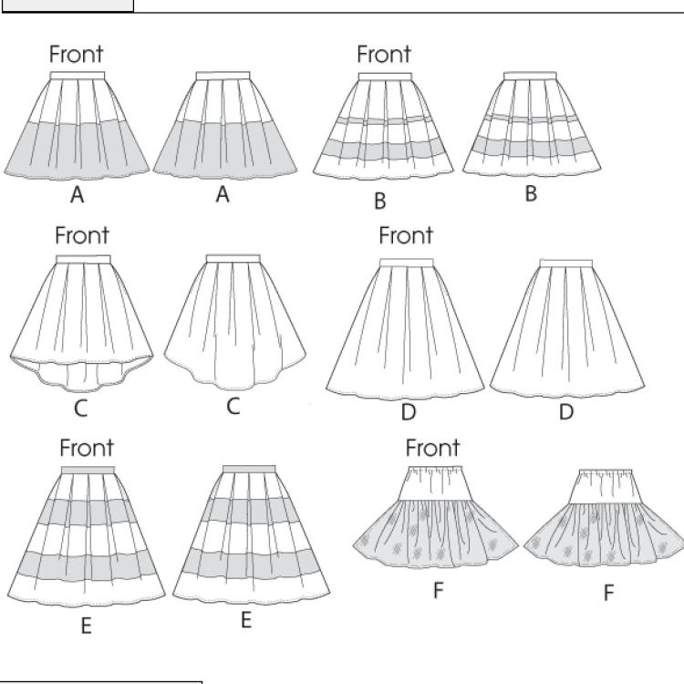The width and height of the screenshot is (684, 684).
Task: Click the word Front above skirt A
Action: [x=77, y=55]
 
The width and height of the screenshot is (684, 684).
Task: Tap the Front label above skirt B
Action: [x=384, y=55]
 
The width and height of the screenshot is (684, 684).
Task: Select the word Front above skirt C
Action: [x=82, y=235]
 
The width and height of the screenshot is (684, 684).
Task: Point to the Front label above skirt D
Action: [x=406, y=236]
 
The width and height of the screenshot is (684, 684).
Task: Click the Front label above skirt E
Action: [x=88, y=448]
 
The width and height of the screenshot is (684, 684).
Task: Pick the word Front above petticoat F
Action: [x=433, y=448]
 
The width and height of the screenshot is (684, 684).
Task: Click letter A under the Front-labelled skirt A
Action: [x=78, y=194]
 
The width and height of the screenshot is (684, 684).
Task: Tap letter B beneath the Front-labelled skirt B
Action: [x=380, y=201]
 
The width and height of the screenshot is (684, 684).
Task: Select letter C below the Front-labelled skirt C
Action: [x=80, y=409]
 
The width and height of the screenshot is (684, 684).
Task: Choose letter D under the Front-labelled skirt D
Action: [x=408, y=412]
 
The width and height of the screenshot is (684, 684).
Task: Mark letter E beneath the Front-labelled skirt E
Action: [x=86, y=627]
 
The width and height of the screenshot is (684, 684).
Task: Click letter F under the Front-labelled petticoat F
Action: [x=438, y=590]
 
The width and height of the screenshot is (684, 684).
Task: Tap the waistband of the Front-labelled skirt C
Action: [x=83, y=260]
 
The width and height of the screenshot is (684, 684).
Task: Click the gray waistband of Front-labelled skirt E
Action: [x=88, y=470]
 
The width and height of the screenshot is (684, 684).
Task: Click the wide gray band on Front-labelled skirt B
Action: [x=384, y=148]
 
